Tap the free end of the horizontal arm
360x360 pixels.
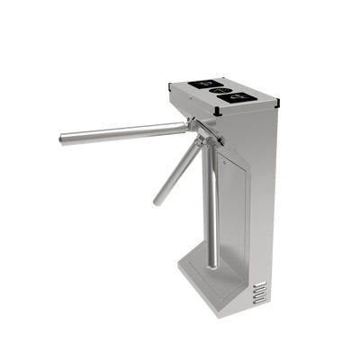[59, 139]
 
